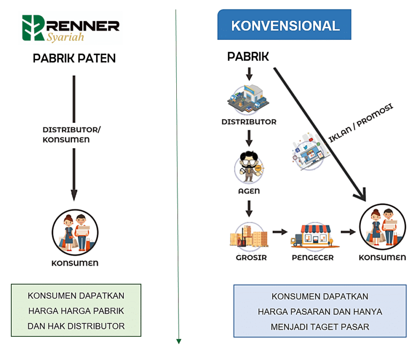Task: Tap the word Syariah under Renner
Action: point(65,37)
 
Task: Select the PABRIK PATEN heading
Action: point(74,59)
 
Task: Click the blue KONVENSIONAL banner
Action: point(285,26)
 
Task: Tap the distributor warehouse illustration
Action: point(248,100)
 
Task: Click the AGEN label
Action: point(249,191)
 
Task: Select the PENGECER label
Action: point(313,257)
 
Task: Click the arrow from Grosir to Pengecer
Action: point(279,232)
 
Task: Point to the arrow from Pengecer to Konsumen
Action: point(347,232)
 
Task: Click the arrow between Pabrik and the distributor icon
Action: point(249,74)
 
